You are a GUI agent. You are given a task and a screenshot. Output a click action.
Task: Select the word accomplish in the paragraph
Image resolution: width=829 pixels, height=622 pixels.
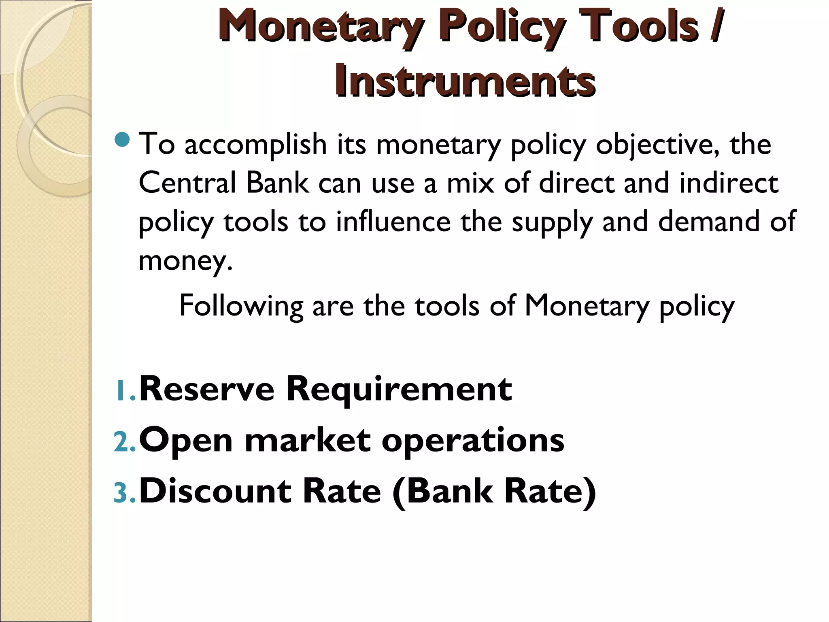[x=255, y=145]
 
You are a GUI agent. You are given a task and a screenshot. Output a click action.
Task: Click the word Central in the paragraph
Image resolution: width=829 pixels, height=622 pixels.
[x=187, y=183]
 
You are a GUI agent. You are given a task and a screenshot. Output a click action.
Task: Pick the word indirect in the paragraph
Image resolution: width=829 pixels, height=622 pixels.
[x=729, y=183]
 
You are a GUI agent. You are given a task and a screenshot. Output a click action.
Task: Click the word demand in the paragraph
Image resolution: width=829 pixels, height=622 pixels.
[x=708, y=222]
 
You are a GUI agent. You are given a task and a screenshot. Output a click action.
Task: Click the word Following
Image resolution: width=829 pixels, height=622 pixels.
[x=241, y=306]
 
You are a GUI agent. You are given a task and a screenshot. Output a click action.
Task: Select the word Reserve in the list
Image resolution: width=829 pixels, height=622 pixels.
[x=206, y=389]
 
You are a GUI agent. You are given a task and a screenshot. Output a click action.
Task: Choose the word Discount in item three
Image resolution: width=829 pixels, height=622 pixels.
[x=215, y=491]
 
